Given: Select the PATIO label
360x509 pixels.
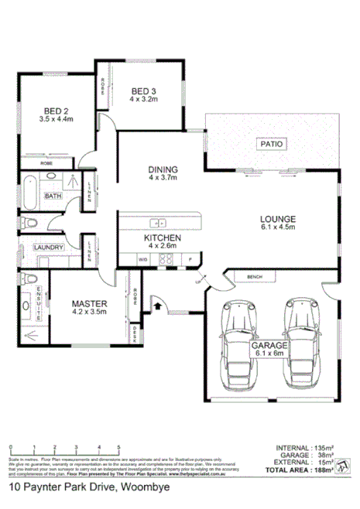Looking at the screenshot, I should tap(273, 144).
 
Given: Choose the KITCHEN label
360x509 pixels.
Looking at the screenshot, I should tap(163, 237).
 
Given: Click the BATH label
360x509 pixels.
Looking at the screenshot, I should tap(53, 196).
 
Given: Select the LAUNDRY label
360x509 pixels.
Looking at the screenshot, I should tap(48, 248).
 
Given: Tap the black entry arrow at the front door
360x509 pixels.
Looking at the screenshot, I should tap(159, 306).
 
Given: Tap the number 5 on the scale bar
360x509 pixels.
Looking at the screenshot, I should tap(118, 448).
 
